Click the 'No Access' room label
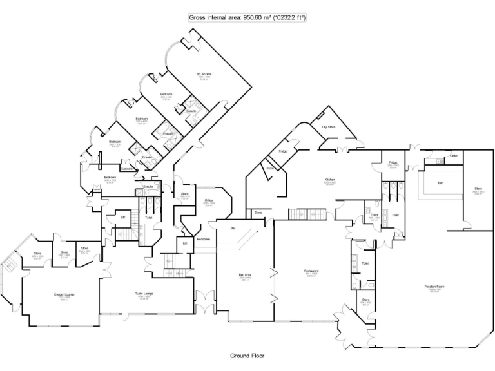click(204, 75)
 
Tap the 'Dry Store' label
click(329, 127)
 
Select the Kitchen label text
click(329, 180)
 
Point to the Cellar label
click(454, 156)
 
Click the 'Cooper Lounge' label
click(64, 295)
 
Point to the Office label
click(209, 200)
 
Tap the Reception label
click(204, 239)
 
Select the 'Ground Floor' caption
click(247, 355)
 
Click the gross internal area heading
click(247, 17)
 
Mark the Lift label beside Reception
click(185, 243)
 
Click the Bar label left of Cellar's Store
click(440, 183)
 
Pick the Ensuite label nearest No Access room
click(191, 111)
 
